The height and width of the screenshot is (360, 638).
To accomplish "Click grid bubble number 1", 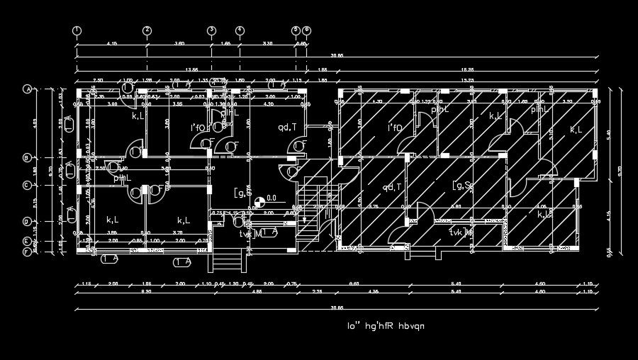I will (x=77, y=30).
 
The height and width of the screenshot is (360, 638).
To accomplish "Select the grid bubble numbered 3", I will (x=211, y=30).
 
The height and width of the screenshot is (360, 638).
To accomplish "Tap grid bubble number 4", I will (x=240, y=30).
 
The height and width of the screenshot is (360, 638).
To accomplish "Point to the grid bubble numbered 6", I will (x=307, y=30).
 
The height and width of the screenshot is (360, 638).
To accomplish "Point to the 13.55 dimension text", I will (x=191, y=69).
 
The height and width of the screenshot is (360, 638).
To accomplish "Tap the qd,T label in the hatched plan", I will (x=392, y=188).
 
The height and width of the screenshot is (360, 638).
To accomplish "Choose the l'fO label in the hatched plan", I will (x=395, y=128).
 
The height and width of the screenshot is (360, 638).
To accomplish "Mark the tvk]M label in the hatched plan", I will (x=461, y=232).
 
